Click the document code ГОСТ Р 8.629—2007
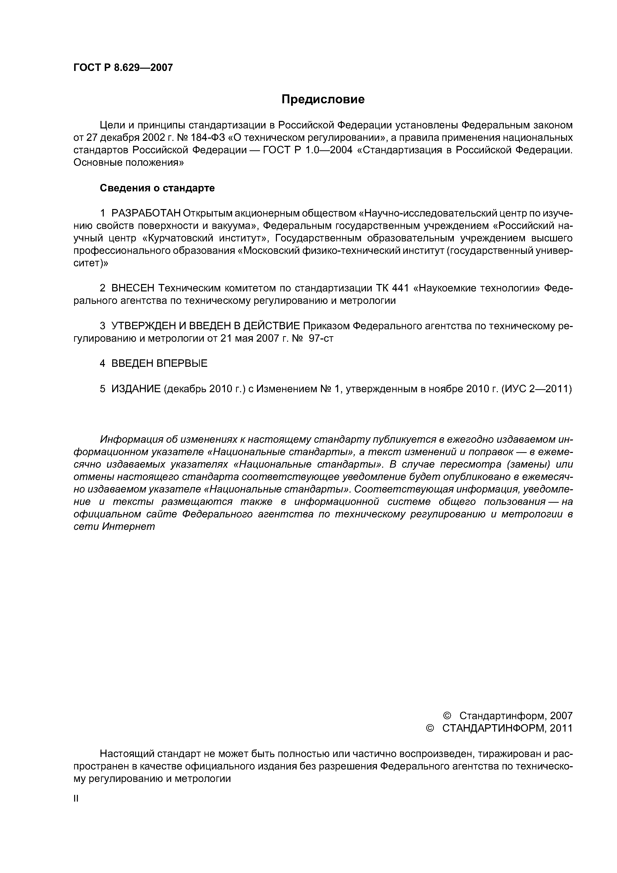123,68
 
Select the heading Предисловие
323,100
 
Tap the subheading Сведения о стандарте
157,188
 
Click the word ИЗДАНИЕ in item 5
136,389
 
